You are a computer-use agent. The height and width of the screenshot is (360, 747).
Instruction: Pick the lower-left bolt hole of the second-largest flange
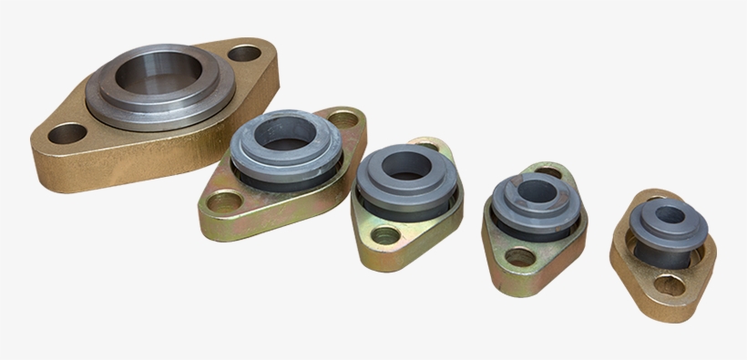tap(221, 200)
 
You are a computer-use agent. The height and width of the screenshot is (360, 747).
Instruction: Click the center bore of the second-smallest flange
tap(535, 193)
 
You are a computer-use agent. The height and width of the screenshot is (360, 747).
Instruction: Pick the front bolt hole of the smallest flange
tap(669, 286)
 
